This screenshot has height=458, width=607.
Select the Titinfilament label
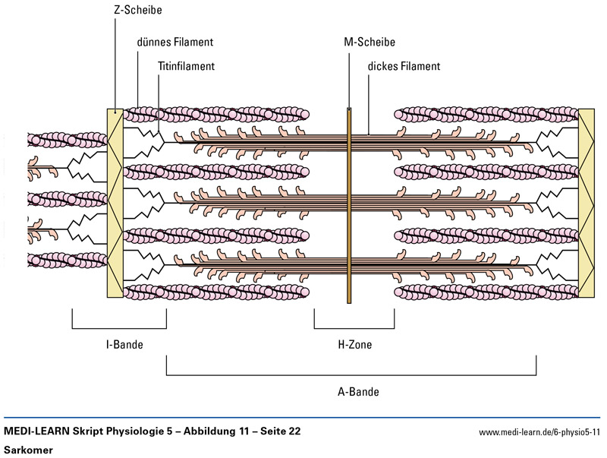pos(187,66)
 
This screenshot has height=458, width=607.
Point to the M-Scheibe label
pos(370,43)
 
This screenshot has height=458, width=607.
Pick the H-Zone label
pos(354,344)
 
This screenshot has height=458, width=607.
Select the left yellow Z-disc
pos(115,205)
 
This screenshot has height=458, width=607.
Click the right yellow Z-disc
pos(587,205)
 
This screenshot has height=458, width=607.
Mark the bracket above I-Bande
pos(119,329)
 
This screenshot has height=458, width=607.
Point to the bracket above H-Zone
pos(354,329)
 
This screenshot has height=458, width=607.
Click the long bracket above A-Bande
pos(351,374)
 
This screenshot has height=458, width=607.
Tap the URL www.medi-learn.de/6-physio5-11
pos(539,432)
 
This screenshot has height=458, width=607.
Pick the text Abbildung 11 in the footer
pos(207,431)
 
